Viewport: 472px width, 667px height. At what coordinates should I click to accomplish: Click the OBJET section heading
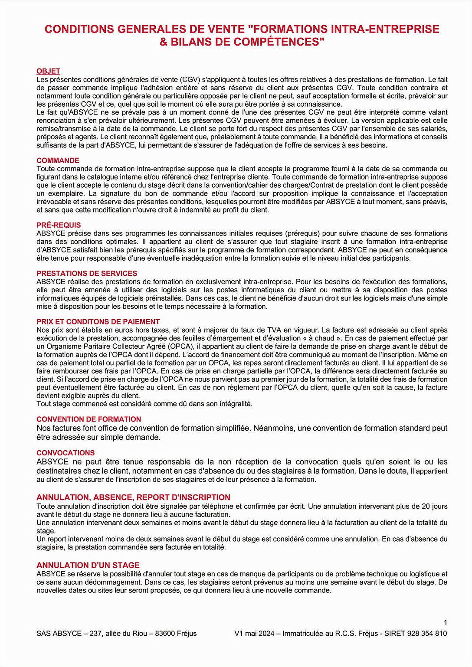[x=48, y=71]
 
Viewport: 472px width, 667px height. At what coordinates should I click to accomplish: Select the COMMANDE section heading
[x=58, y=160]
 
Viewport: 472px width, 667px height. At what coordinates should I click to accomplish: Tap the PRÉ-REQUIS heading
[x=59, y=225]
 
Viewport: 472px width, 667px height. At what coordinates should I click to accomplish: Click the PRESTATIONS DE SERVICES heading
[x=87, y=273]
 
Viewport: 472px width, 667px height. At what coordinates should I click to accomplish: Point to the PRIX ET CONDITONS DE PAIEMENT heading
[x=98, y=322]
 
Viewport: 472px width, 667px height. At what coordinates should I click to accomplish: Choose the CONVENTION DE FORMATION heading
[x=88, y=419]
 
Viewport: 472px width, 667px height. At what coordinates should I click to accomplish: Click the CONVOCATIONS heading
[x=66, y=453]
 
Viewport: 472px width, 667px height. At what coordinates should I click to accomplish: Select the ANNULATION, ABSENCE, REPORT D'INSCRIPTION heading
[x=133, y=497]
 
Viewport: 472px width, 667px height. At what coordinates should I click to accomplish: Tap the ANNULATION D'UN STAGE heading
[x=88, y=565]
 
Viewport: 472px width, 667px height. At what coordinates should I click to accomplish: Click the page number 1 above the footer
[x=445, y=622]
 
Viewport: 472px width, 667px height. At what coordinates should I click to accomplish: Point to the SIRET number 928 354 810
[x=427, y=634]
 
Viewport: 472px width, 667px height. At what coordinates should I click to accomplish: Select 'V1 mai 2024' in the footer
[x=254, y=634]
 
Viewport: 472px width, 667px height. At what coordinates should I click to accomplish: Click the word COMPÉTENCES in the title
[x=279, y=42]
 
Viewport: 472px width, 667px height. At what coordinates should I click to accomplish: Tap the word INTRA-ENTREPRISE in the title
[x=385, y=29]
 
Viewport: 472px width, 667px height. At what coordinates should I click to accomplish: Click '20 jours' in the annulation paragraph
[x=434, y=506]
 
